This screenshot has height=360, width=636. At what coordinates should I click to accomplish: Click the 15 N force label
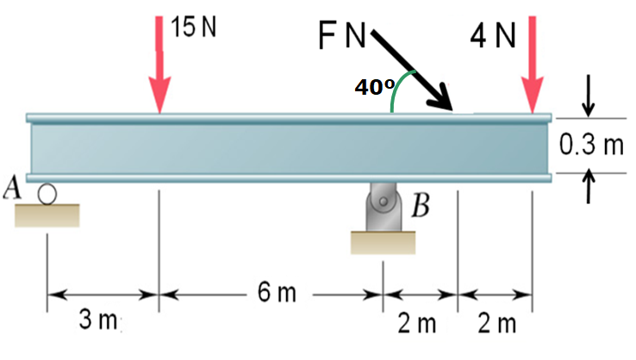(x=193, y=27)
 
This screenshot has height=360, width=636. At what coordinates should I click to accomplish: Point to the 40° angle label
(x=374, y=87)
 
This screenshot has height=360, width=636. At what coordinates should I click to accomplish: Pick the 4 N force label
(x=493, y=36)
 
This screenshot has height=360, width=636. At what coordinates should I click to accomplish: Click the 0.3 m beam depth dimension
(x=591, y=144)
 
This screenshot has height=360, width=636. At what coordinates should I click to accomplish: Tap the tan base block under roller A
(x=47, y=214)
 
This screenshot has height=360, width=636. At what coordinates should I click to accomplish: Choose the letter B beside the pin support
(x=420, y=208)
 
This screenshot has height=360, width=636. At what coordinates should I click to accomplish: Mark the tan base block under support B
(x=382, y=243)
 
